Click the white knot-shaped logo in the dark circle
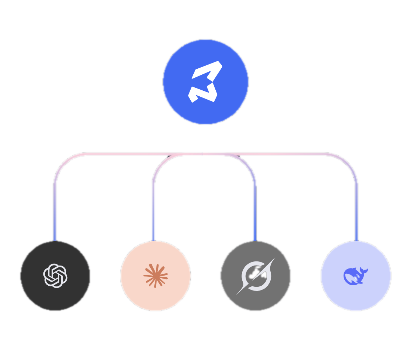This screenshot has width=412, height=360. (55, 276)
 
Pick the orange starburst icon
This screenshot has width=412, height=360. (156, 276)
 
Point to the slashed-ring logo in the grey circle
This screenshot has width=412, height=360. (256, 276)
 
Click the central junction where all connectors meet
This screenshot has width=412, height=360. (202, 154)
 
